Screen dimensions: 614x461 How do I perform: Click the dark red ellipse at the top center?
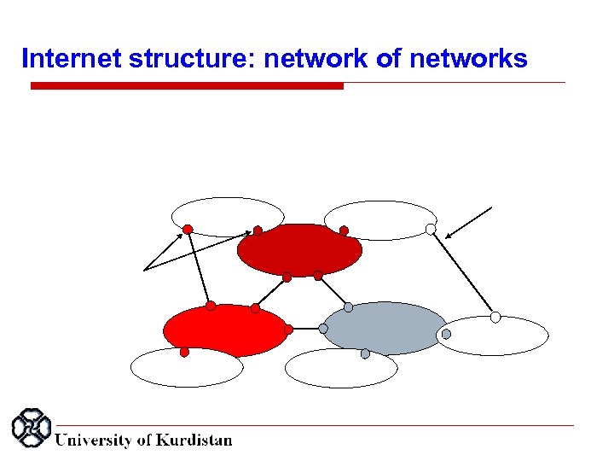[299, 250]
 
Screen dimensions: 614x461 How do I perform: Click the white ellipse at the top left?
[228, 215]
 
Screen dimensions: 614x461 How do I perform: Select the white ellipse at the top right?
[380, 219]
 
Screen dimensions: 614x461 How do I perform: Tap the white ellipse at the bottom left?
[187, 368]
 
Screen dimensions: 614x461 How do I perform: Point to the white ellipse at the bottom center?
[341, 369]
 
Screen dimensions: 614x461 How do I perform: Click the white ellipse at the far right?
[495, 336]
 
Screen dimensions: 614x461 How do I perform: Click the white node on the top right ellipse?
[431, 229]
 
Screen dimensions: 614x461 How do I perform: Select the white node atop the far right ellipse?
[495, 317]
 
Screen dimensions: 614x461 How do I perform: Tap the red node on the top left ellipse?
[188, 229]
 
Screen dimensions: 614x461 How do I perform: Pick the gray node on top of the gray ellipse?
[348, 307]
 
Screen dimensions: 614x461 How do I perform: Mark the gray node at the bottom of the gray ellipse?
[365, 353]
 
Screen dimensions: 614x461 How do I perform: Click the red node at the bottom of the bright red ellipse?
[184, 352]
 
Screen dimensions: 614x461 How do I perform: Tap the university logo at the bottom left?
[31, 429]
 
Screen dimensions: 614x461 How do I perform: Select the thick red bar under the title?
[187, 86]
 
